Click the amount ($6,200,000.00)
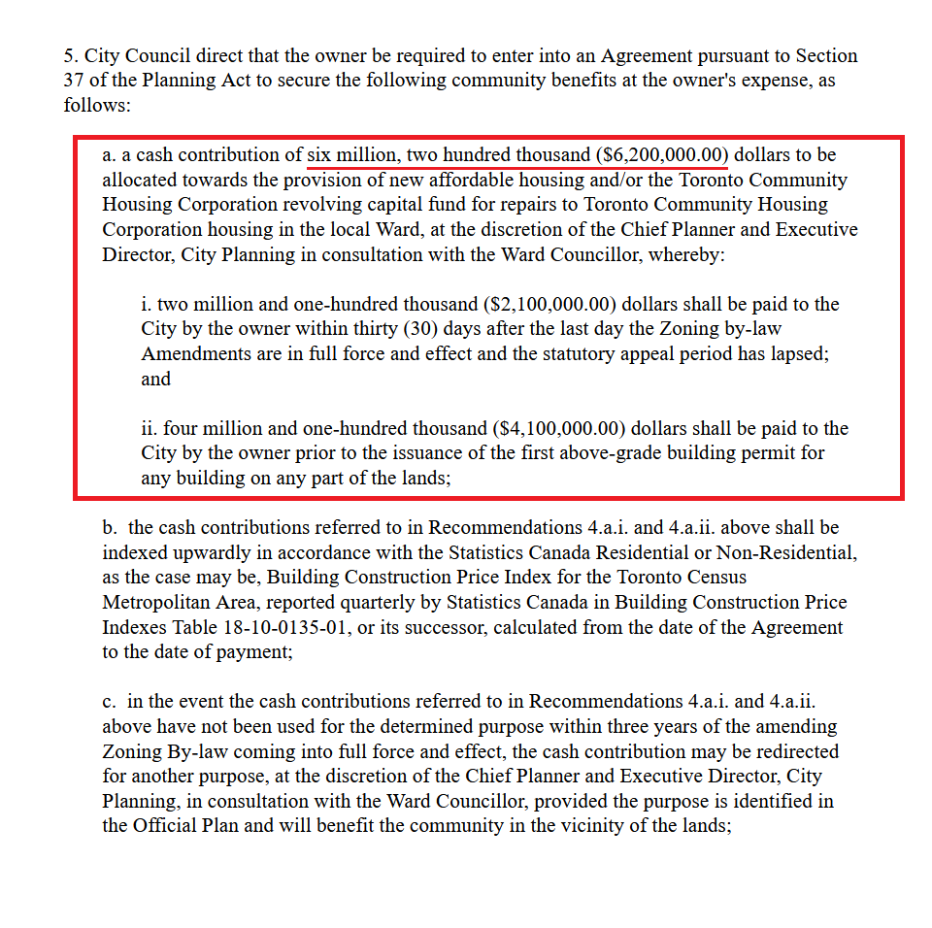[662, 154]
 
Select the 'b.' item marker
[111, 527]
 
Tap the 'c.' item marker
[110, 701]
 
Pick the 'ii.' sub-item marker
[150, 428]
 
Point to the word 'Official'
[169, 826]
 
